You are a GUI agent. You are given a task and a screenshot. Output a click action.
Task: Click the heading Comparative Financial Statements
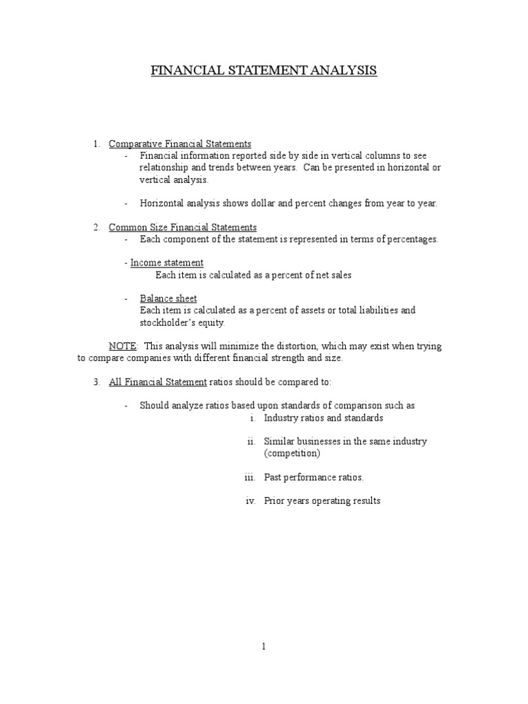click(x=180, y=144)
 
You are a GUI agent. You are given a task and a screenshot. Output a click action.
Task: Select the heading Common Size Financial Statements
click(x=183, y=227)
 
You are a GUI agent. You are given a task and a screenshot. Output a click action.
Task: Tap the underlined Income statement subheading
click(x=167, y=263)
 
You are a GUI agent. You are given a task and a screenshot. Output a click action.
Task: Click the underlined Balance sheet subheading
click(x=168, y=298)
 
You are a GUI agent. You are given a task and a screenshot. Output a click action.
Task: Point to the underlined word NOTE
click(x=123, y=346)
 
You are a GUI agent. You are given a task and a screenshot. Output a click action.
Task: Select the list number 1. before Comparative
click(x=97, y=144)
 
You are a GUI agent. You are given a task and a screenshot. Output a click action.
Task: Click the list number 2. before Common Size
click(x=97, y=227)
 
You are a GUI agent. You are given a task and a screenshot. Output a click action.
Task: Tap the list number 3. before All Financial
click(x=97, y=382)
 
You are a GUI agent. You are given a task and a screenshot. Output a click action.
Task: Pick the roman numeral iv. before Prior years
click(x=250, y=500)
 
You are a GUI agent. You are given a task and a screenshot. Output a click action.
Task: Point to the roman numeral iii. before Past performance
click(x=250, y=476)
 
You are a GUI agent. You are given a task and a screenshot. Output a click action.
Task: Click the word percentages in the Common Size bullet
click(x=411, y=239)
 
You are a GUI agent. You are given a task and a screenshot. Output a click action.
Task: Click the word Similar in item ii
click(x=279, y=441)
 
